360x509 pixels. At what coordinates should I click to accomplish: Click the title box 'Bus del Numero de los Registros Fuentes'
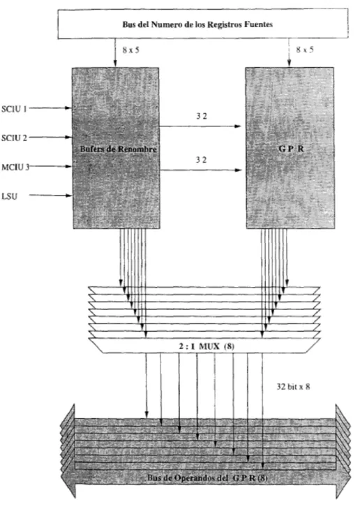[203, 24]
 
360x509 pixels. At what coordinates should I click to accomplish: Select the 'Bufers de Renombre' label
[118, 149]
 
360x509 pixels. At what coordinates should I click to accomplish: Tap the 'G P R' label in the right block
[291, 149]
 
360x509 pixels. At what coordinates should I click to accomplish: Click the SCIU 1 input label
[14, 109]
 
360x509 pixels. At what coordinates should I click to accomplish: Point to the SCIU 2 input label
[14, 138]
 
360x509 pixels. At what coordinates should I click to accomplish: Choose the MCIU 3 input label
[15, 167]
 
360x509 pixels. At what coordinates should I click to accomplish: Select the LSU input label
[9, 196]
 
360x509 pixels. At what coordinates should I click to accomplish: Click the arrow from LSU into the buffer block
[51, 196]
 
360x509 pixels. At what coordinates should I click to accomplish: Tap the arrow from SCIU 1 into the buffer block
[50, 108]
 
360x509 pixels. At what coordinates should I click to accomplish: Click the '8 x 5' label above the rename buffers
[131, 50]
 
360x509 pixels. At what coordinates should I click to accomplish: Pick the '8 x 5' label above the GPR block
[305, 50]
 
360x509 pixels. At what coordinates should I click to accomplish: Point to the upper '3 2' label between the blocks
[201, 116]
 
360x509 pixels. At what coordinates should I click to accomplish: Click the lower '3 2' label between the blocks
[201, 160]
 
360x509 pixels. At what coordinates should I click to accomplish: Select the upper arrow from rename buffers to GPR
[201, 126]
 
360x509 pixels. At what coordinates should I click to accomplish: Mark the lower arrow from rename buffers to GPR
[201, 170]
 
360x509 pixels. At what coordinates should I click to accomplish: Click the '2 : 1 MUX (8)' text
[207, 346]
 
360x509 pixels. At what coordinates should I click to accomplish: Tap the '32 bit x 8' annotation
[293, 387]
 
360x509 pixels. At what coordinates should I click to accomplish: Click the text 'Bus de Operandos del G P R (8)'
[207, 478]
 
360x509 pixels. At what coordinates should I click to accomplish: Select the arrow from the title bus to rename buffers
[115, 53]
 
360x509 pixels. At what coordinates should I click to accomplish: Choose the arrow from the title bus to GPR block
[289, 53]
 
